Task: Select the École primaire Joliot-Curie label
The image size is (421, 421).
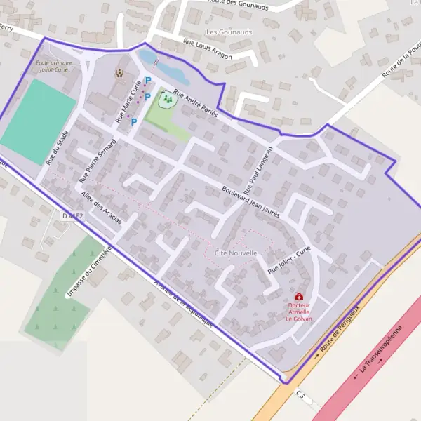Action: pos(54,65)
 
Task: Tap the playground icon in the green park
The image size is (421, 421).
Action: pos(166,100)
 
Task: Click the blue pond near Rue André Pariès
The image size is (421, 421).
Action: pos(161,65)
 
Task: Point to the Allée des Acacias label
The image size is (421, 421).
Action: pos(101,208)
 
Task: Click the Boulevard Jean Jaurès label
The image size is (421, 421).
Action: pos(250,202)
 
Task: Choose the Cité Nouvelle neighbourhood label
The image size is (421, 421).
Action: pos(236,253)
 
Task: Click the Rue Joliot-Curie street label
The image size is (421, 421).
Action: pos(288,260)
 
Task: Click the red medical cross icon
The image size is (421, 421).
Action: pos(300,297)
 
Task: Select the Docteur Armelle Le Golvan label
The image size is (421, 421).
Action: pos(300,312)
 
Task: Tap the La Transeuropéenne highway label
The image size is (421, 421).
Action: pos(382,350)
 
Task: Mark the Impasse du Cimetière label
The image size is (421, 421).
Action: pos(89,271)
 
